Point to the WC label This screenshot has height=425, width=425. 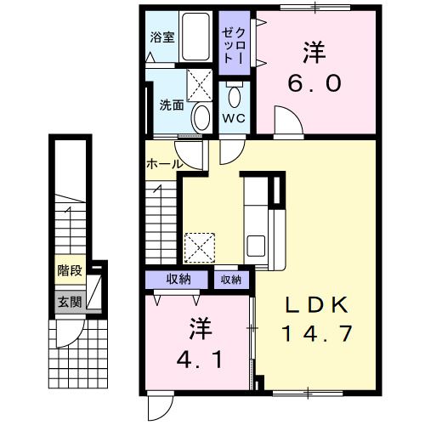(x=234, y=118)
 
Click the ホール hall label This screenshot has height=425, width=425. (x=162, y=163)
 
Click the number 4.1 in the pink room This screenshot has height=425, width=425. (x=201, y=360)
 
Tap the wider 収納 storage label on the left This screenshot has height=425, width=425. (x=178, y=280)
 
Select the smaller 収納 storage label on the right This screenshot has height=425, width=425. (x=230, y=280)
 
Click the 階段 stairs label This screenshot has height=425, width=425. (x=70, y=271)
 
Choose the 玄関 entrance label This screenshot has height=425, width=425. (x=70, y=301)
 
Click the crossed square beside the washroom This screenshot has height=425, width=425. (x=199, y=84)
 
